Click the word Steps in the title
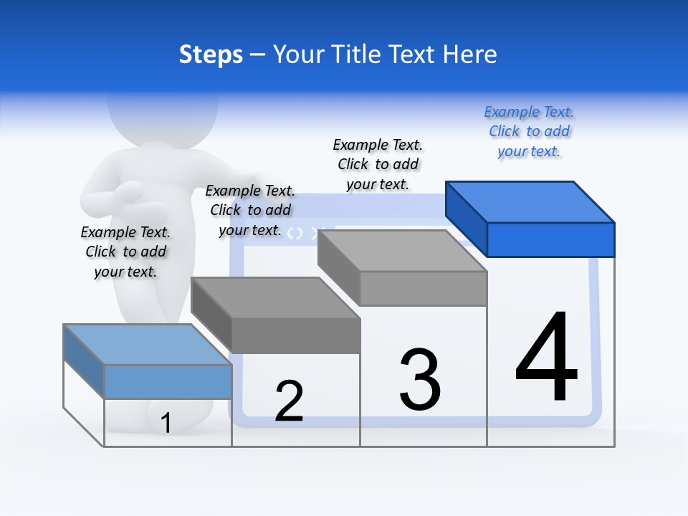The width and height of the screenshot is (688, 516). coord(211,54)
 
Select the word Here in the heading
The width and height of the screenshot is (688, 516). coord(470,54)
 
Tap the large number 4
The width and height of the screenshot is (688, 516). coord(546,358)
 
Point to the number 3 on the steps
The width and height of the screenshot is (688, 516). coord(420,380)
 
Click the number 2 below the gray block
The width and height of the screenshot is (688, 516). coord(289,401)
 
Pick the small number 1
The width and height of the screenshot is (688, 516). coord(166,423)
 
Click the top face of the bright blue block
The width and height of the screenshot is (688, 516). coord(530,201)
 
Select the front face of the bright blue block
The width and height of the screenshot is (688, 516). coord(550,239)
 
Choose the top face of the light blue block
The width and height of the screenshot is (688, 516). coord(147,345)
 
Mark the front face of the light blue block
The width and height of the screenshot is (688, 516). coord(168,381)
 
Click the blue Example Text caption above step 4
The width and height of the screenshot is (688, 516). coord(529,131)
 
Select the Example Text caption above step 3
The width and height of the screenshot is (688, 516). coord(378,164)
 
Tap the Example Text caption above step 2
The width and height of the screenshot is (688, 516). coord(250,210)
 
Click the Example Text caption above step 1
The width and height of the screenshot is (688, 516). coord(125,252)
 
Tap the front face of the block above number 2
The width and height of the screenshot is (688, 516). coord(295,335)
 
